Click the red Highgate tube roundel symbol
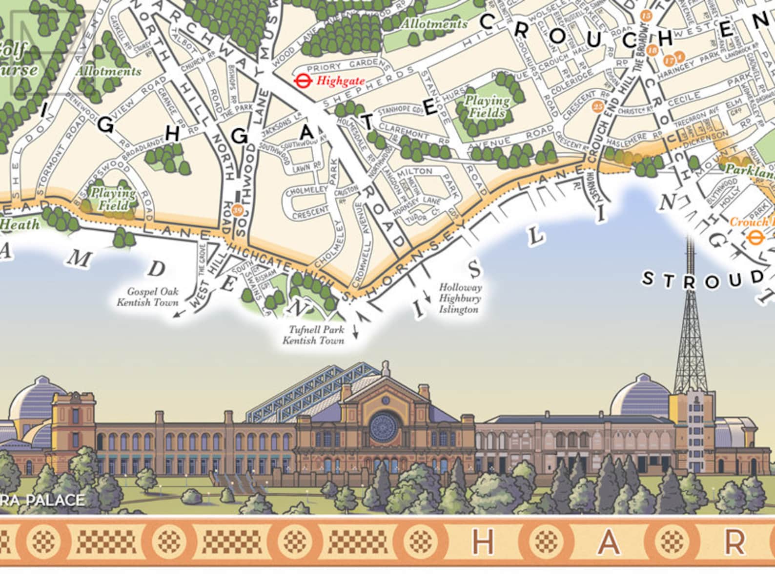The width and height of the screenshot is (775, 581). coord(303,80)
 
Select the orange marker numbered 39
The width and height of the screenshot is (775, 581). coord(238,211)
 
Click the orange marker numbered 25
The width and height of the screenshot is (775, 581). coord(597,106)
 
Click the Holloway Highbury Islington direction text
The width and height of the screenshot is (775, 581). coord(460,299)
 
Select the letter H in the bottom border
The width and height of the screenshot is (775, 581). coord(483,542)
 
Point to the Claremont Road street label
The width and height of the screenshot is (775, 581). coord(414,134)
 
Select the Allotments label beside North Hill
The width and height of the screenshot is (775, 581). coord(108,71)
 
